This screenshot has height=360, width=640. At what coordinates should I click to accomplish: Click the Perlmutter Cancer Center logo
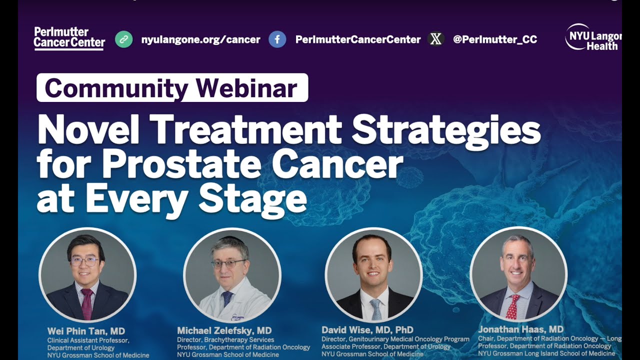tap(69, 38)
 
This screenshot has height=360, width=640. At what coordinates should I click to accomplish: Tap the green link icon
tap(124, 39)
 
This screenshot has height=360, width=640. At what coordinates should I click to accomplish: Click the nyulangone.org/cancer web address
tap(200, 39)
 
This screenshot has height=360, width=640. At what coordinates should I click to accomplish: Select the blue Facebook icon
tap(277, 39)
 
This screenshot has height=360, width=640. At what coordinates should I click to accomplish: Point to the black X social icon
tap(436, 39)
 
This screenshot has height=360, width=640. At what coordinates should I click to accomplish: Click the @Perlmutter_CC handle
tap(495, 39)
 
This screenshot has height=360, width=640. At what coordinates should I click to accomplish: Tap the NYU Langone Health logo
tap(593, 37)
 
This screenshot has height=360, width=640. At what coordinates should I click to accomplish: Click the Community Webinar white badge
tap(172, 88)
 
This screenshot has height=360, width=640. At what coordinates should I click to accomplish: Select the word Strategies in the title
tap(446, 130)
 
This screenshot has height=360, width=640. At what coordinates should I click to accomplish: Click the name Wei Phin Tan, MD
tap(86, 331)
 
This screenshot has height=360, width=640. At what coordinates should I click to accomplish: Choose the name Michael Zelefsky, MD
tap(224, 330)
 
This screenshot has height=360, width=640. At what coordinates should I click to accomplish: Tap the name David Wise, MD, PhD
tap(367, 330)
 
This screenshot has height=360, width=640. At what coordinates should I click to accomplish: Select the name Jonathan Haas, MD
tap(520, 329)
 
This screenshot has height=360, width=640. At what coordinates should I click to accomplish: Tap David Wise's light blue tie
tap(375, 308)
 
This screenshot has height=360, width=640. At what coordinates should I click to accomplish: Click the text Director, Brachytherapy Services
tap(225, 340)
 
